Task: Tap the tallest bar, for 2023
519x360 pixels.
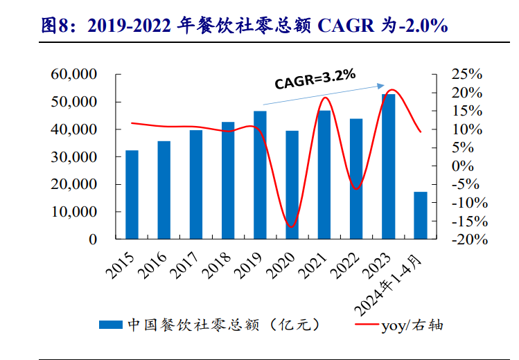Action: [389, 166]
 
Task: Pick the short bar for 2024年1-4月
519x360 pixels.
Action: [421, 215]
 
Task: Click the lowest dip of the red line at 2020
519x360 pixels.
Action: [291, 227]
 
